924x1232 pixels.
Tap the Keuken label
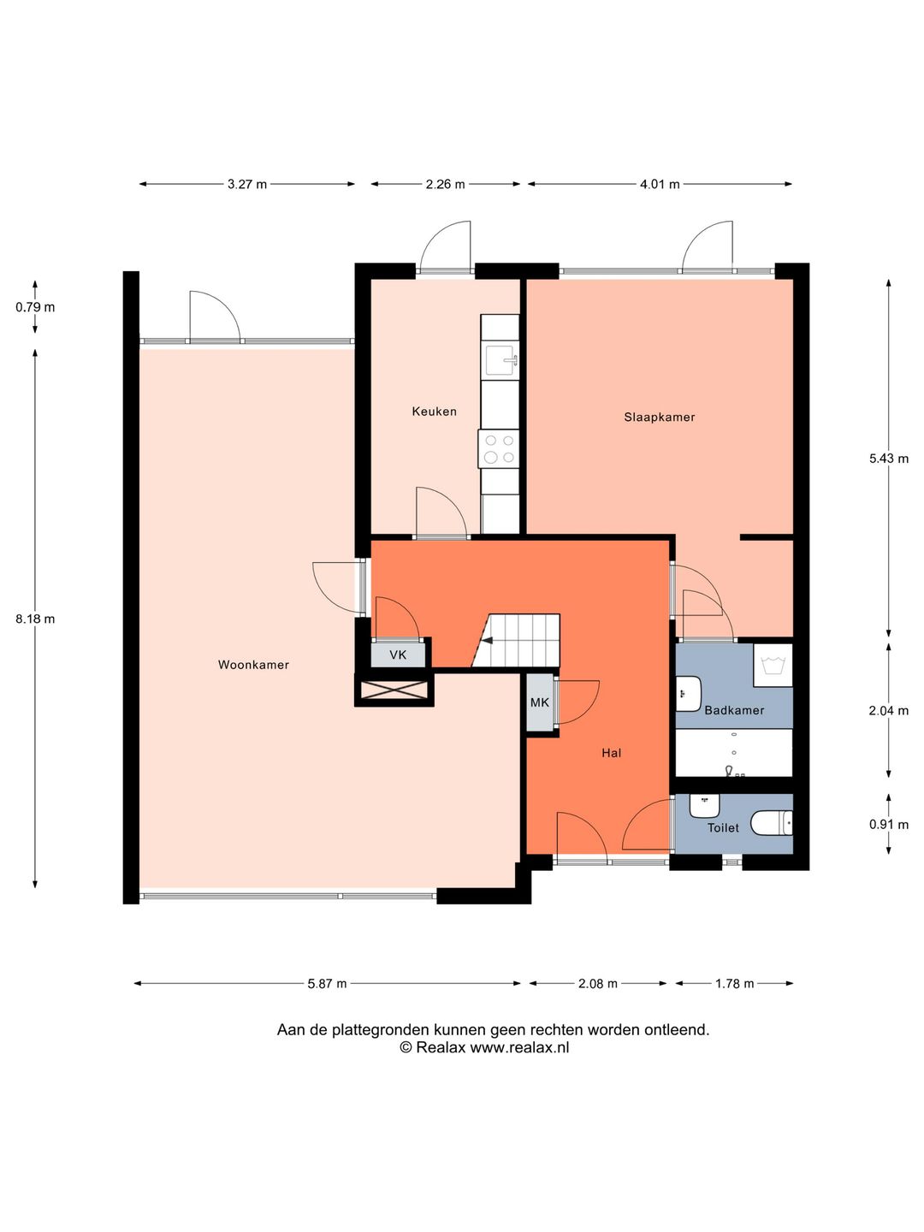pos(435,412)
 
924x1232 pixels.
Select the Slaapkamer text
pos(659,417)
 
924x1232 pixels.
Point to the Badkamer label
pos(734,710)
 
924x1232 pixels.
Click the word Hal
pos(611,753)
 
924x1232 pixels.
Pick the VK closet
pos(398,654)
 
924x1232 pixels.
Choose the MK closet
pos(540,702)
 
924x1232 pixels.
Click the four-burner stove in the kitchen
pos(499,449)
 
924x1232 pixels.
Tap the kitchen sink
pos(502,361)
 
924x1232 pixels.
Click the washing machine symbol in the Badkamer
pos(773,665)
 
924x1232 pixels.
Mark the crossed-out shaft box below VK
pos(394,690)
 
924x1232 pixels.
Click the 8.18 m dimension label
pos(35,619)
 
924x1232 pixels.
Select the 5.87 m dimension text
pos(327,983)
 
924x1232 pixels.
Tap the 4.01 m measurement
pos(660,184)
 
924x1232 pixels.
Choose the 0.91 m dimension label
pos(889,825)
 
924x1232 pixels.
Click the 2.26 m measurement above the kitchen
pos(446,184)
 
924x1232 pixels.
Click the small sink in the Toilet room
pos(705,806)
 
